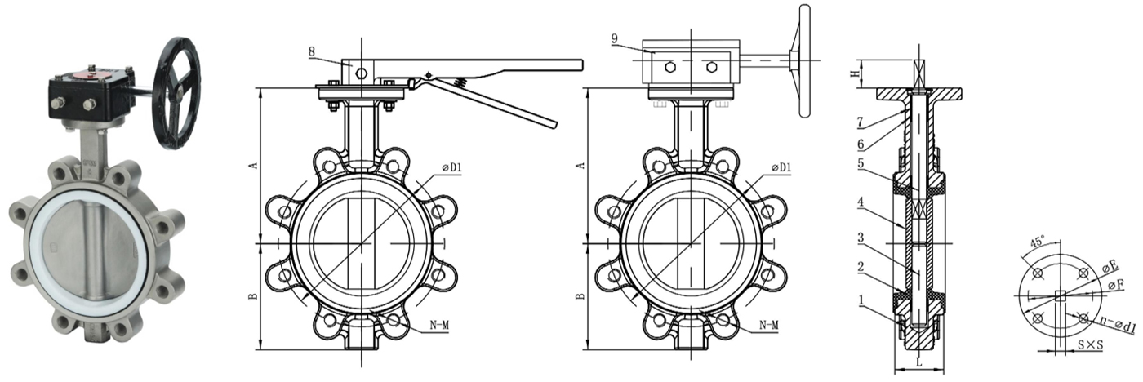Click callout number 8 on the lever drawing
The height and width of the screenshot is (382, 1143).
click(312, 51)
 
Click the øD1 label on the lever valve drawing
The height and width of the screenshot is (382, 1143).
click(452, 167)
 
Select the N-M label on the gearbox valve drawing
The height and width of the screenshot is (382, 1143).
click(767, 325)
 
